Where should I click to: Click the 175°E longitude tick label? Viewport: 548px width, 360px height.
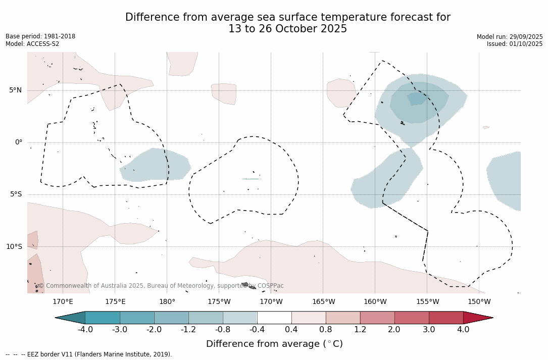coord(115,302)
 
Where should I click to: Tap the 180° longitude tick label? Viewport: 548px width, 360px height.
coord(167,302)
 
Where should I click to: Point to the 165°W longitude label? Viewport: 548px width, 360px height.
coord(323,302)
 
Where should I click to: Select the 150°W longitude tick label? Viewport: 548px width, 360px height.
coord(479,302)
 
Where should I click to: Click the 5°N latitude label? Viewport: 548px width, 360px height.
coord(15,90)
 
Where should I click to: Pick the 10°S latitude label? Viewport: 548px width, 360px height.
coord(14,246)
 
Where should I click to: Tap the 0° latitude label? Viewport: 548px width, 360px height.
coord(18,142)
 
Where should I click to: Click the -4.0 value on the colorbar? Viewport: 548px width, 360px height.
coord(85,330)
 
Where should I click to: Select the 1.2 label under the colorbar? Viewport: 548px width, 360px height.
coord(360,330)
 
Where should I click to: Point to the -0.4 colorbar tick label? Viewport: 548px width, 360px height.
coord(257,330)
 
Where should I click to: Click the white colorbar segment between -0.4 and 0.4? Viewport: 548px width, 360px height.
coord(274,318)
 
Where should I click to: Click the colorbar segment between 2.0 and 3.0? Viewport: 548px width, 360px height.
coord(412,318)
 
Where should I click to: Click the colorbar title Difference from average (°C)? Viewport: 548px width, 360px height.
coord(274,344)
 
